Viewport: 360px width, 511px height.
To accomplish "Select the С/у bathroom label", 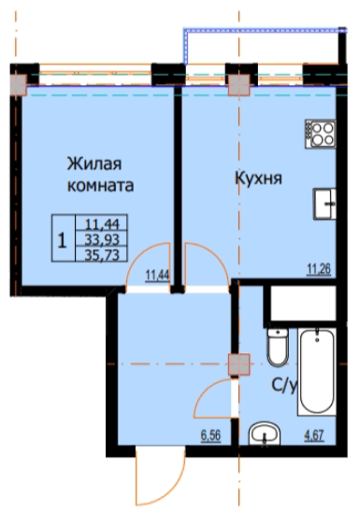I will [x=283, y=383].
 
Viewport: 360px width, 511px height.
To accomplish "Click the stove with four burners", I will [x=321, y=134].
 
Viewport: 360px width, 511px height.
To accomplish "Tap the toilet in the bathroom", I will [x=276, y=348].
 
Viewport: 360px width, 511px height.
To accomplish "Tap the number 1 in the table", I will [x=62, y=239].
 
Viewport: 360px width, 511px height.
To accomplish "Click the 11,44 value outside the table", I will [x=156, y=275].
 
